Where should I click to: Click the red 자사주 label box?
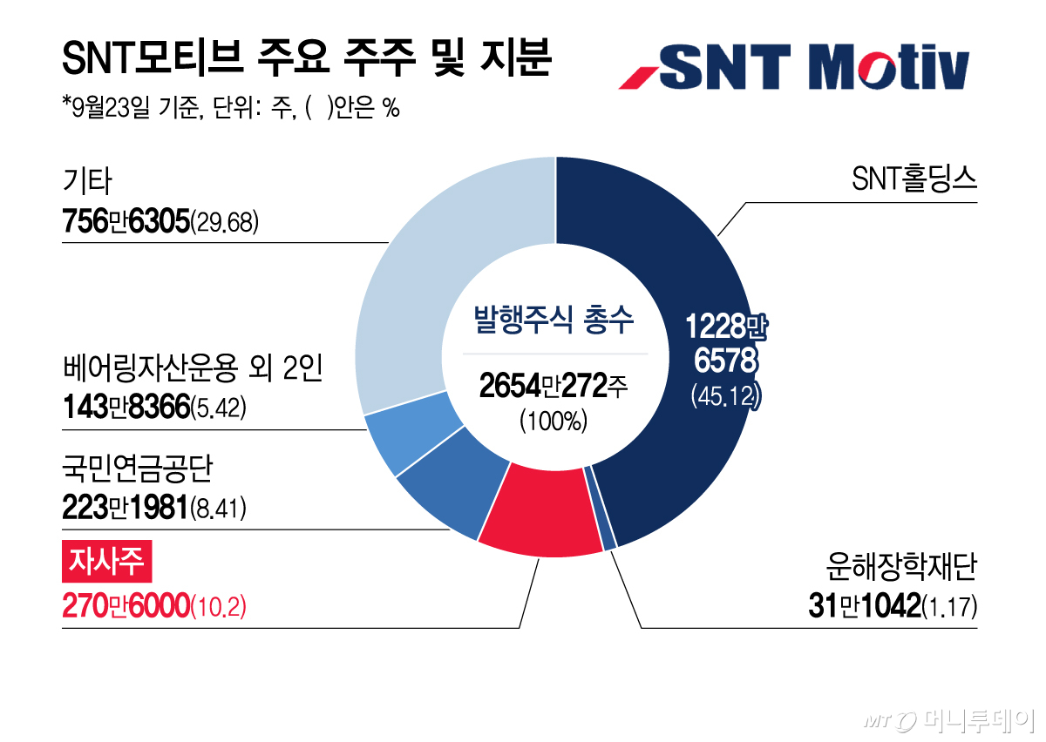coord(107,562)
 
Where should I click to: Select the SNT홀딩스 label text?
coord(914,179)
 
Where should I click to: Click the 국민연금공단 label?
coord(138,468)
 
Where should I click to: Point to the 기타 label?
coord(87,180)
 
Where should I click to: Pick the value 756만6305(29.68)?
coord(160,222)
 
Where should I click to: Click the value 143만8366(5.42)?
coord(154,407)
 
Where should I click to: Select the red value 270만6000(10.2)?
coord(154,606)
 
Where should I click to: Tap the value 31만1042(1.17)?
coord(893,606)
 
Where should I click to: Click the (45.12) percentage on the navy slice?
coord(726,395)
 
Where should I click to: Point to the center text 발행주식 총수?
coord(554,320)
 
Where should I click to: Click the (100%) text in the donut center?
coord(554,421)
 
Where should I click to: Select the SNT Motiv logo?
coord(794,67)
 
